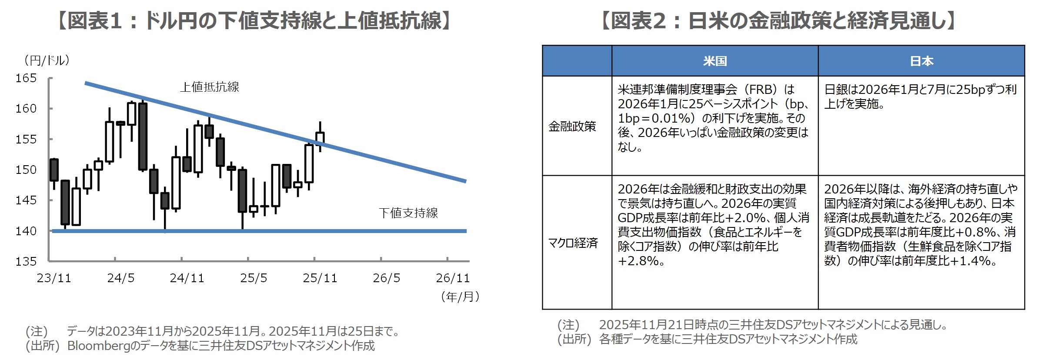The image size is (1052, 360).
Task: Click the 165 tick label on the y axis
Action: tap(26, 78)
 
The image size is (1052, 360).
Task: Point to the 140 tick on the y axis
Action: tap(26, 231)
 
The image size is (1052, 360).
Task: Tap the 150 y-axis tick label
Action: tap(26, 170)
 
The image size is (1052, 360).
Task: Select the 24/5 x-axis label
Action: tap(120, 278)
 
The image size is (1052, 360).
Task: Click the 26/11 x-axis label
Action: tap(453, 278)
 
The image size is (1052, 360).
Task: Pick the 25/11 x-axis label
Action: tap(320, 278)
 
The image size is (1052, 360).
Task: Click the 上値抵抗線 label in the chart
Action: tap(210, 87)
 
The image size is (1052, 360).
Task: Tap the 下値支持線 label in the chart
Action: tap(408, 213)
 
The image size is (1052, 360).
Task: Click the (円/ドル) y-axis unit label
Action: tap(47, 60)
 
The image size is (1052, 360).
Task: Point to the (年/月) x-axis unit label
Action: tap(460, 297)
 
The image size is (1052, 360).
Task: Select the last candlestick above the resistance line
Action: tap(320, 137)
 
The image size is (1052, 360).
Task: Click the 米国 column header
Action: tap(715, 61)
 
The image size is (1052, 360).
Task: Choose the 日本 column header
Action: tap(921, 61)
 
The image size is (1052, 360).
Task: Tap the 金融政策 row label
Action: tap(572, 127)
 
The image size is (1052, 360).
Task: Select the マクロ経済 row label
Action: tap(573, 243)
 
